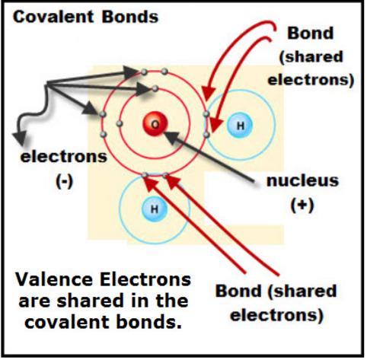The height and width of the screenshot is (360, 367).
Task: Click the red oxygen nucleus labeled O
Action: pos(155,124)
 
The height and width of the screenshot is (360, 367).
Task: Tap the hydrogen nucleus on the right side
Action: pos(240,126)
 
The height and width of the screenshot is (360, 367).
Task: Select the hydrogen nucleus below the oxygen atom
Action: pos(155,209)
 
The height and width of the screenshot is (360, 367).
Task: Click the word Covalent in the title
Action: pos(53,17)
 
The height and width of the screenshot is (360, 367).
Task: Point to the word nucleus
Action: pos(302,181)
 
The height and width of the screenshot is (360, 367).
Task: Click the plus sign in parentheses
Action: pos(302,205)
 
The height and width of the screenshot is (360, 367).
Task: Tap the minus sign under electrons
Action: pos(64,181)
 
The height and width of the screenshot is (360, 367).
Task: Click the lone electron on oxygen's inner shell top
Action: pos(155,89)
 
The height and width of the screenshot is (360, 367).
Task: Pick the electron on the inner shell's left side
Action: pos(120,124)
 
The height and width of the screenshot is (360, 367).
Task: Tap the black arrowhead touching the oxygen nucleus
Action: pos(170,136)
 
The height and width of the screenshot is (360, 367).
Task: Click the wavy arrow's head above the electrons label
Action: pos(20,138)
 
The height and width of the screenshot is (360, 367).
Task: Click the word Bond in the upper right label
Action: pos(310,33)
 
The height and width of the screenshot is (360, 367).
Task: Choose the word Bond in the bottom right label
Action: pos(238,291)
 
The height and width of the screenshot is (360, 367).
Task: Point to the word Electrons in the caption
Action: pos(145,280)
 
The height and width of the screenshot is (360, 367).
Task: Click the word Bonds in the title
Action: pos(130,17)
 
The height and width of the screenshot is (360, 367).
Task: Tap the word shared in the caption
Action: pos(90,301)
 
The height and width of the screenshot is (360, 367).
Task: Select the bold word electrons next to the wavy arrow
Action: pos(64,157)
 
